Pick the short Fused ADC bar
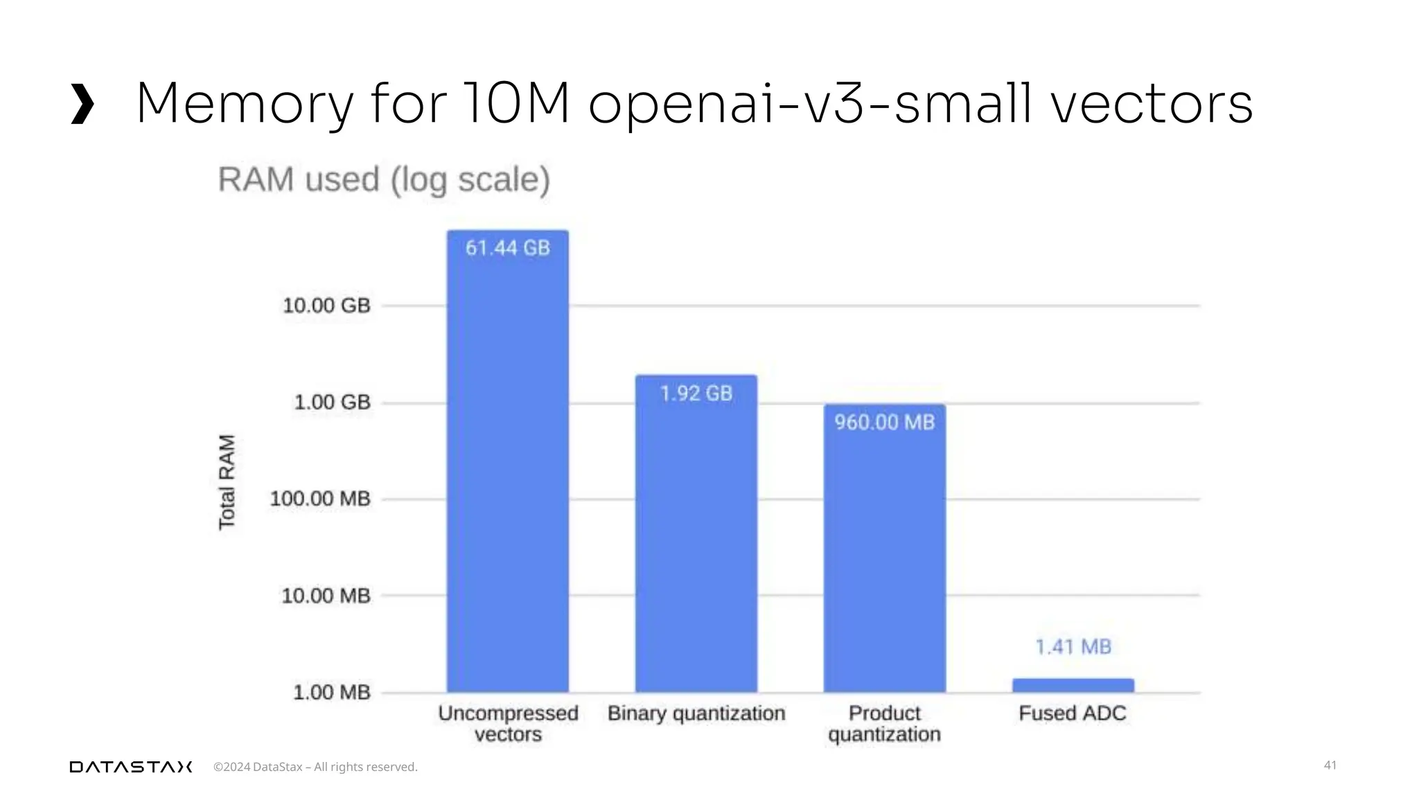click(1073, 685)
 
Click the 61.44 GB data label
click(508, 248)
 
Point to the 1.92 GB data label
click(696, 393)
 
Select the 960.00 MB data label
click(885, 423)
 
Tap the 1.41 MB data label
click(1073, 647)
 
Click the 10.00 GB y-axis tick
click(326, 305)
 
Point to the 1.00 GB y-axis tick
click(333, 402)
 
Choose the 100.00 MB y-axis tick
click(320, 499)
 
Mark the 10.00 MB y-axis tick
click(326, 596)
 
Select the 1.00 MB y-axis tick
click(332, 692)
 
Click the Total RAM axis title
click(227, 482)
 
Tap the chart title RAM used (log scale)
click(384, 179)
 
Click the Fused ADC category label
click(1073, 713)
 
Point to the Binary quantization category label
click(696, 713)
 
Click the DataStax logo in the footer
click(131, 767)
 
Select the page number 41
click(1330, 765)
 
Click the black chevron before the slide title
click(82, 104)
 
